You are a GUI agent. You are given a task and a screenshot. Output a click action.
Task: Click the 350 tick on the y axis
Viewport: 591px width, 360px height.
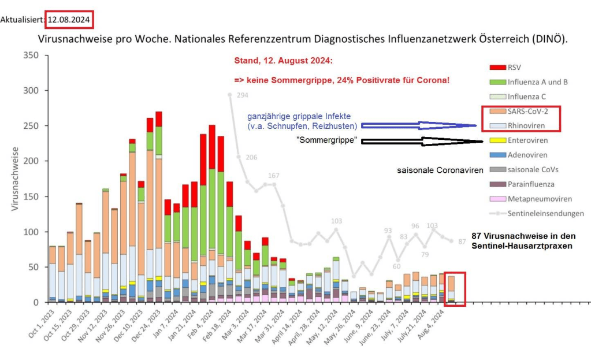[x=31, y=55]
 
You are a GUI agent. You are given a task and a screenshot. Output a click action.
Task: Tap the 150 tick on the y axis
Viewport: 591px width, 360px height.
[x=31, y=196]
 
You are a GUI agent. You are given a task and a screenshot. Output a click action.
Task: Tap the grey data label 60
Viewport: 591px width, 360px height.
[x=396, y=266]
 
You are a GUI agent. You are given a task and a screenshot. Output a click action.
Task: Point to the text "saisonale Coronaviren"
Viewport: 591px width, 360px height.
[x=439, y=170]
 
